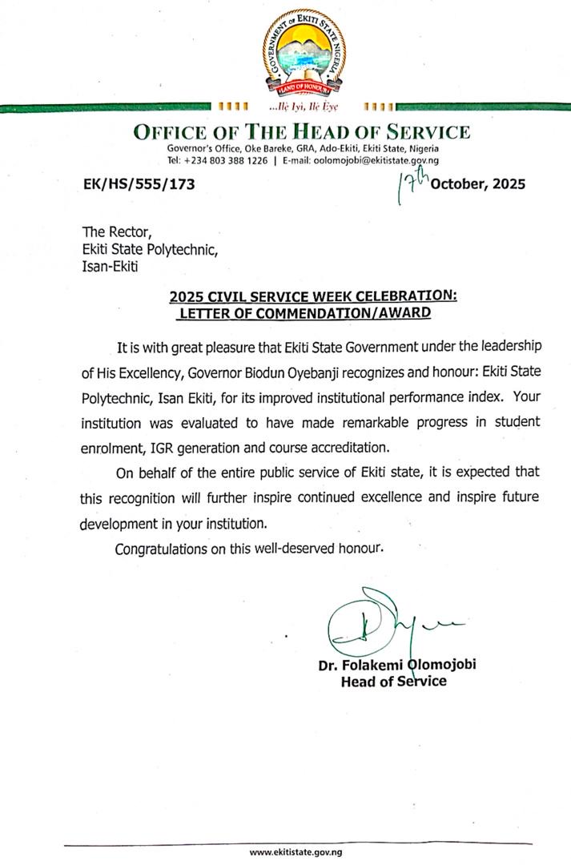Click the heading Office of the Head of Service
click(x=301, y=132)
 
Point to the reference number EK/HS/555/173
click(x=139, y=184)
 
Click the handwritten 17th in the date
click(x=412, y=185)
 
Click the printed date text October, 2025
click(x=478, y=184)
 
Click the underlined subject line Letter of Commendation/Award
click(x=305, y=312)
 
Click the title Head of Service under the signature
click(x=394, y=682)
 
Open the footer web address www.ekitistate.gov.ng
click(x=296, y=852)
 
